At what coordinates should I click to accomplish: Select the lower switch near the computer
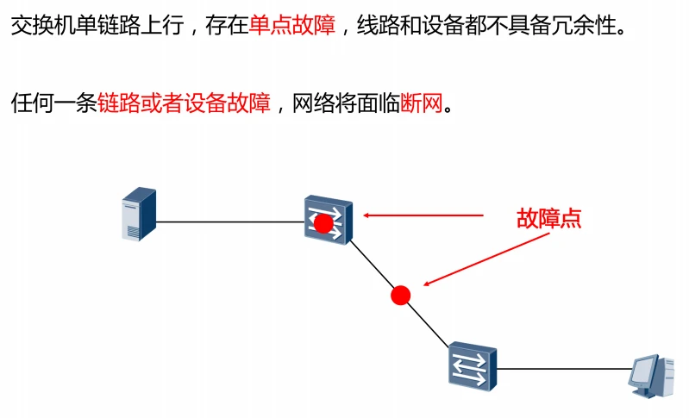(x=472, y=365)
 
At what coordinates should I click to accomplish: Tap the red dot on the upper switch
(x=323, y=224)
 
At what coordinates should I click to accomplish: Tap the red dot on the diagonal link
(x=400, y=296)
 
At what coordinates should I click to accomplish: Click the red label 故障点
(x=548, y=218)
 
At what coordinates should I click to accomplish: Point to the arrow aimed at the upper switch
(x=423, y=215)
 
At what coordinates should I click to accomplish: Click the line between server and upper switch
(x=229, y=222)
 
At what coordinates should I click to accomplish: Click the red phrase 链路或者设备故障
(x=185, y=103)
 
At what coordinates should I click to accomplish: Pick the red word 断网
(x=421, y=103)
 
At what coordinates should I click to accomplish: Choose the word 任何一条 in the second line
(x=53, y=103)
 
